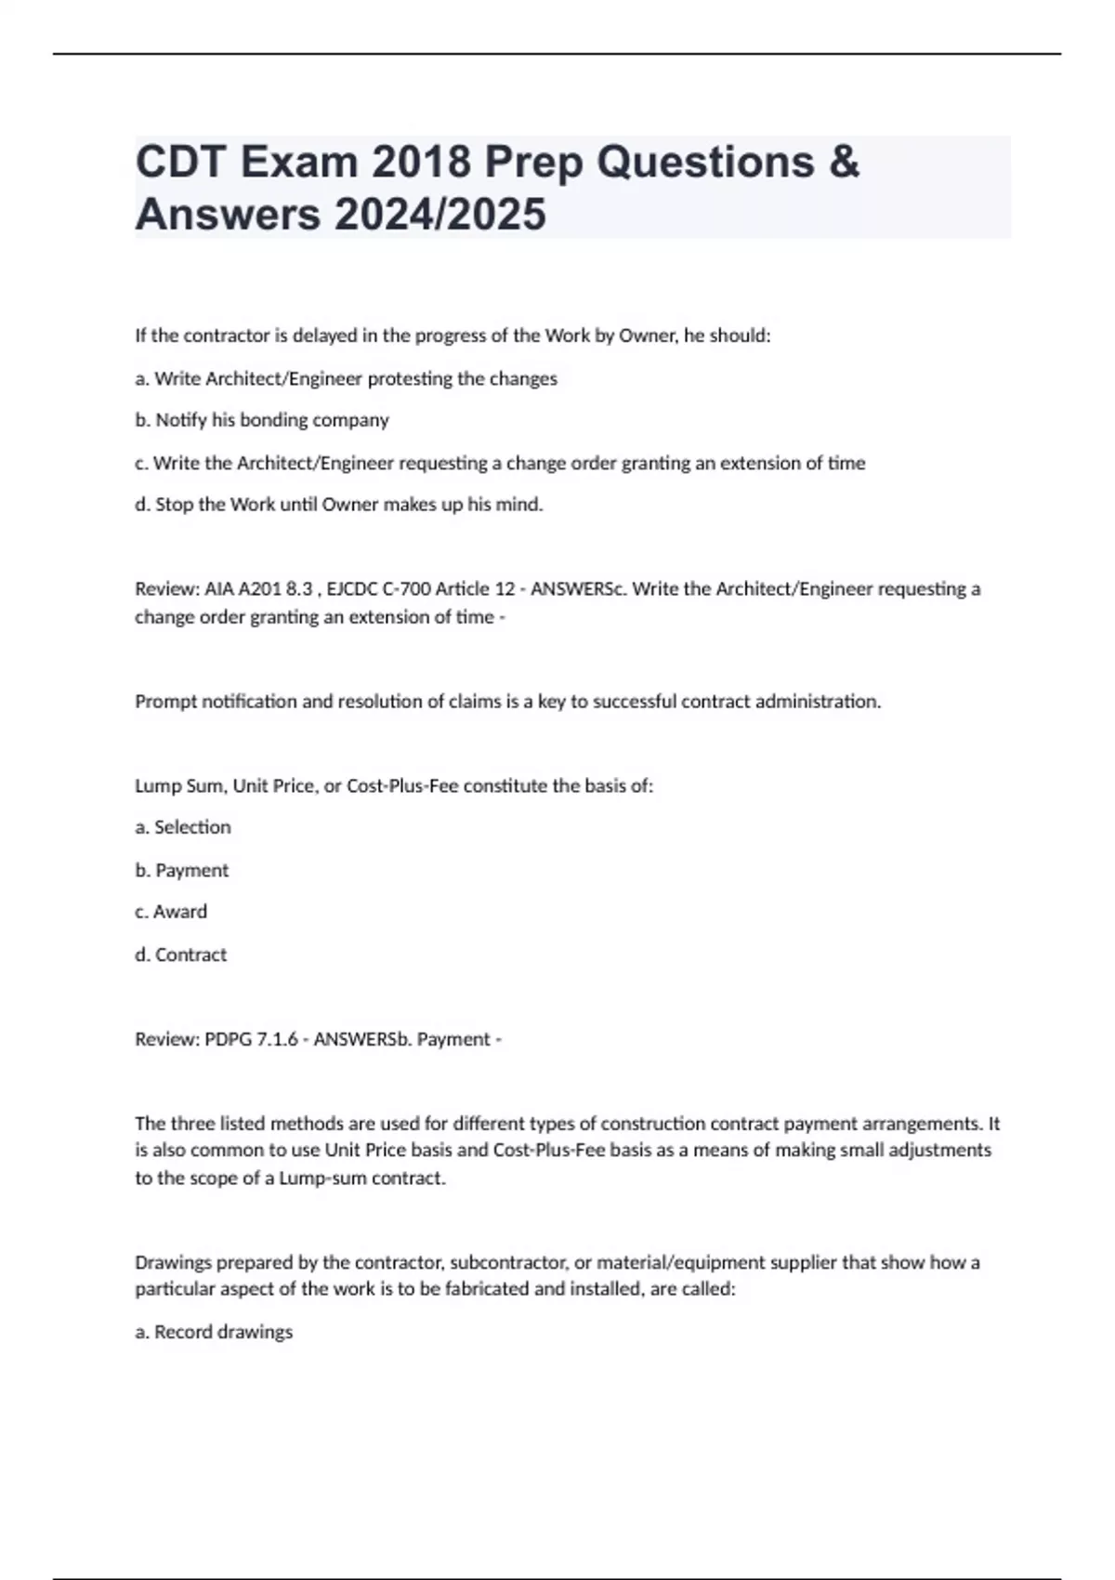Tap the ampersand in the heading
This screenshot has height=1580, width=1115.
[x=842, y=163]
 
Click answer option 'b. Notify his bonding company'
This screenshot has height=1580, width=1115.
[x=262, y=420]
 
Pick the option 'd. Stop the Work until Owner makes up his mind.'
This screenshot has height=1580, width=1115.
[x=339, y=505]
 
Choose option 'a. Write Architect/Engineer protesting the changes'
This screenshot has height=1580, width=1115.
[x=346, y=378]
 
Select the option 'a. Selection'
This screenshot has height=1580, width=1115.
[x=183, y=827]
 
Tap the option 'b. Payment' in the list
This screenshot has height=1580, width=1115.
[x=181, y=870]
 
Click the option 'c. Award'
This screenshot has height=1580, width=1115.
[x=171, y=912]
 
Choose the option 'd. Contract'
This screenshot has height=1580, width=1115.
[x=180, y=955]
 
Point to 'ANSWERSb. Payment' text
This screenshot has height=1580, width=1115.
[x=401, y=1039]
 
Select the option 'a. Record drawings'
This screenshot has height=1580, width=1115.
[x=214, y=1332]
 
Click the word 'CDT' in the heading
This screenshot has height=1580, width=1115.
[x=181, y=163]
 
